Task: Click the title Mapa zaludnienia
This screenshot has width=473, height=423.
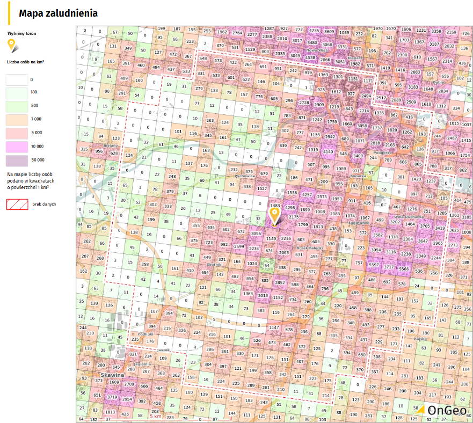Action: (58, 13)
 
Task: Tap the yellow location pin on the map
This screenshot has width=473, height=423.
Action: (274, 216)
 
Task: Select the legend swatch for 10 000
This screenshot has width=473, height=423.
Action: (17, 146)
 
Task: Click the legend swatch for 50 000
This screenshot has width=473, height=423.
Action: (17, 160)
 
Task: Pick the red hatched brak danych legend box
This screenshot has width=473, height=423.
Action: (17, 204)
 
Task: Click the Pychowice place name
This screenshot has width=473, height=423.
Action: (244, 176)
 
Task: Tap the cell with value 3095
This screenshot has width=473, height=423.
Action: (256, 234)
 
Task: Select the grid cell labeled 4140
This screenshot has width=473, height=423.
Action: (329, 152)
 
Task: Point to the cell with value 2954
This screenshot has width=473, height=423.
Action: (127, 400)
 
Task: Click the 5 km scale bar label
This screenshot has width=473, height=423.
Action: (156, 417)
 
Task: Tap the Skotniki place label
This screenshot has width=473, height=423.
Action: (214, 265)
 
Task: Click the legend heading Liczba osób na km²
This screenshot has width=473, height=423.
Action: (25, 62)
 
